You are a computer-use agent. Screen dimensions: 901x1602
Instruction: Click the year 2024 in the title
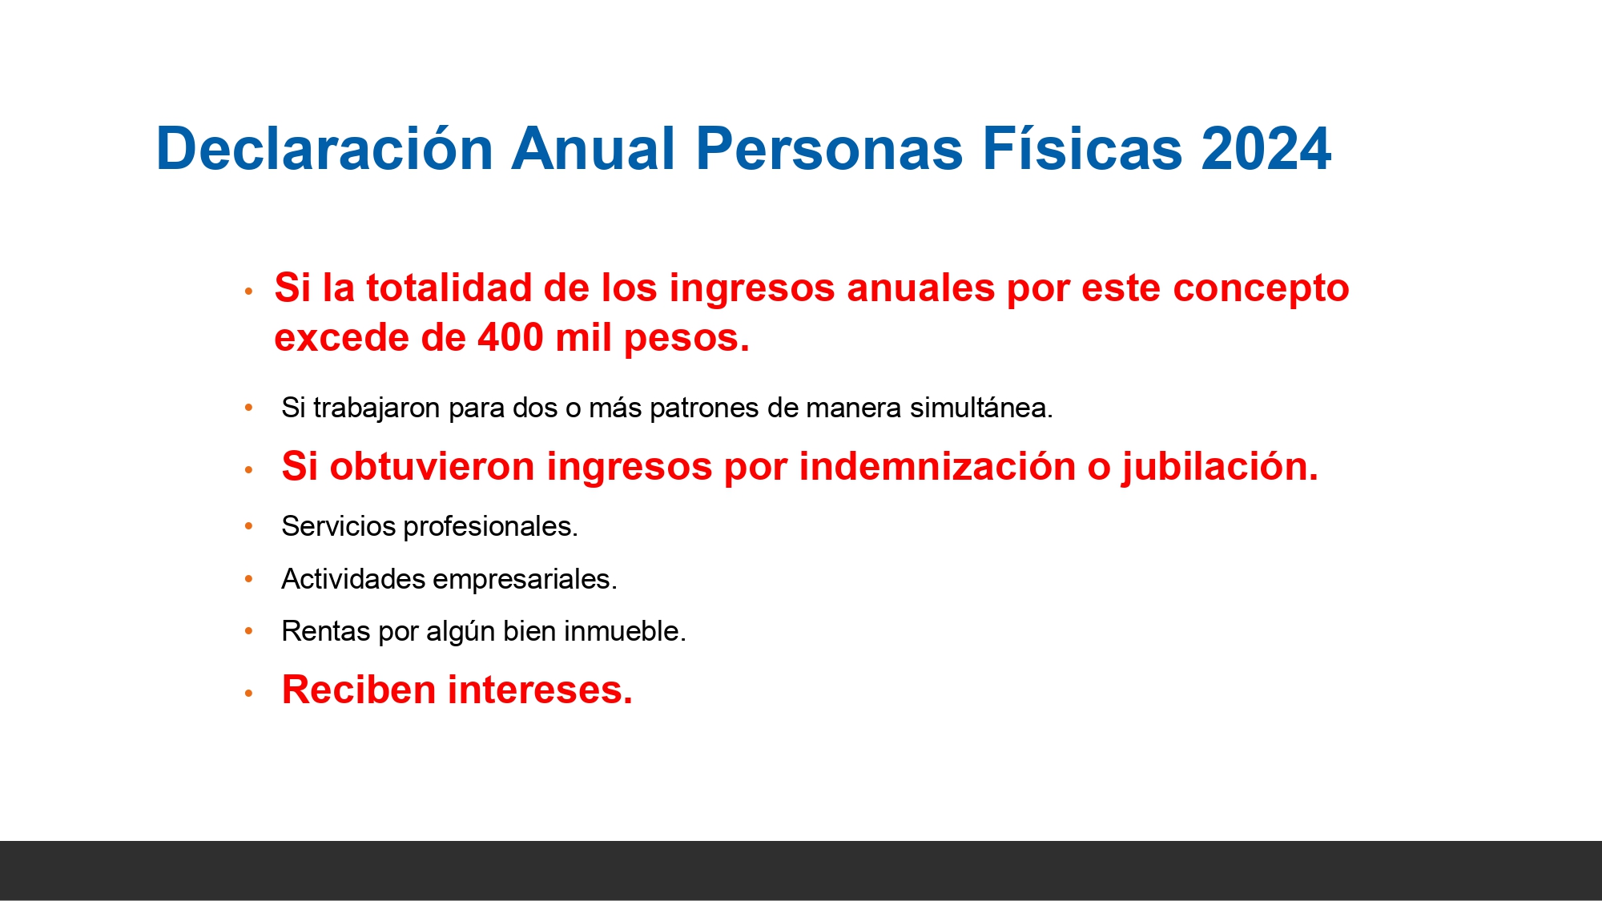(1266, 149)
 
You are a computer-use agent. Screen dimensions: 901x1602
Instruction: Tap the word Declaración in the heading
(324, 149)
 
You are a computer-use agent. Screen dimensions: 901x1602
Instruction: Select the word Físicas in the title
(1082, 149)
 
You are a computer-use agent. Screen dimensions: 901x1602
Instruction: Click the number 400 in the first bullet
(510, 337)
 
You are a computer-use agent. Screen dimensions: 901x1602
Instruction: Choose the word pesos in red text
(686, 337)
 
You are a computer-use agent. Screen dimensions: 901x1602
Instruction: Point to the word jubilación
(1219, 466)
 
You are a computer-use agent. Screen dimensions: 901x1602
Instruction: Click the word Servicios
(339, 526)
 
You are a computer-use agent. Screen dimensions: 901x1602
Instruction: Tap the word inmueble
(625, 631)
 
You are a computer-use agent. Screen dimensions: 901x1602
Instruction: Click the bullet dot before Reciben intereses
(249, 693)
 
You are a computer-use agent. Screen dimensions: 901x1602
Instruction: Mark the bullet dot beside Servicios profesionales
(249, 526)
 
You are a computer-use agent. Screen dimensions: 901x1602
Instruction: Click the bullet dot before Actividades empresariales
(249, 578)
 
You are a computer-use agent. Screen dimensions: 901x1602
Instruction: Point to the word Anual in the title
(594, 149)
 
